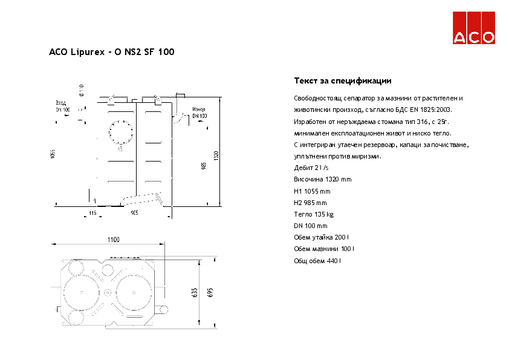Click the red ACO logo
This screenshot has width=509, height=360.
click(475, 28)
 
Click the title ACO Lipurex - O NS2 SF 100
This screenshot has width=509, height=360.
click(112, 53)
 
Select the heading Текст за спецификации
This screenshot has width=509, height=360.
click(343, 81)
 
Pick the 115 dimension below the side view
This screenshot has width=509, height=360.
click(92, 213)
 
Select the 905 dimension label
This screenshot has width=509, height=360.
click(134, 213)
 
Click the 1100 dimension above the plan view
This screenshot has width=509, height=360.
click(114, 240)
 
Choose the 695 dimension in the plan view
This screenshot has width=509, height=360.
click(210, 293)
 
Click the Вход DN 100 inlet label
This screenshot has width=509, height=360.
click(62, 106)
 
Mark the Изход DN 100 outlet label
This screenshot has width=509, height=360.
click(199, 113)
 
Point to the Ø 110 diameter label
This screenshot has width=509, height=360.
click(80, 90)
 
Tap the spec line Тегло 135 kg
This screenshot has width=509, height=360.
click(314, 214)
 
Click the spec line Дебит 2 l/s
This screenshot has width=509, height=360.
click(311, 168)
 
